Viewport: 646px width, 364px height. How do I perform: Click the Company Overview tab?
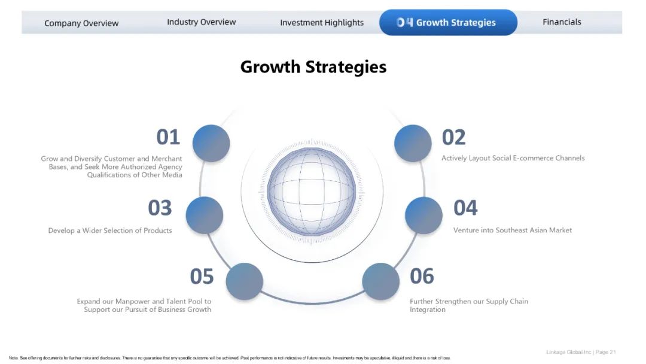(81, 23)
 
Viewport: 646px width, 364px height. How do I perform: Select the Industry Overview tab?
(201, 22)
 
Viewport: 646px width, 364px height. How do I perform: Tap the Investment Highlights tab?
(322, 23)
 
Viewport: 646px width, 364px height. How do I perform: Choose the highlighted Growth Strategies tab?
(448, 22)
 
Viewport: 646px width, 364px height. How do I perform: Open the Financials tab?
(562, 22)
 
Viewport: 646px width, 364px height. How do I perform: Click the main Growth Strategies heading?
(313, 67)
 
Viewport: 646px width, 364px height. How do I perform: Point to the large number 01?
(168, 137)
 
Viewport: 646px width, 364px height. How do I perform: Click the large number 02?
(453, 137)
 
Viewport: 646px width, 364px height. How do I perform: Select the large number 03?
(160, 208)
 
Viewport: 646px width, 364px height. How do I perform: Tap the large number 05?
(202, 276)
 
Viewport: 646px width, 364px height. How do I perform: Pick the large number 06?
(422, 276)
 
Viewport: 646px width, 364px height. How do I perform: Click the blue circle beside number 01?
(211, 144)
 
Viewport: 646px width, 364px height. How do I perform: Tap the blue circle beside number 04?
(423, 215)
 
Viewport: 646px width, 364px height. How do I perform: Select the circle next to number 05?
(244, 281)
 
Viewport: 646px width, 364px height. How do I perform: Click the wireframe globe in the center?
(312, 192)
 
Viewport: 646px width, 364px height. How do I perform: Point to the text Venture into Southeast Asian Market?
(513, 230)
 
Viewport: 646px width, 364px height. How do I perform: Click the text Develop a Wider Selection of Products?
(110, 230)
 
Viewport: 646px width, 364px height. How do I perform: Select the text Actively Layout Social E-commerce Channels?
(513, 158)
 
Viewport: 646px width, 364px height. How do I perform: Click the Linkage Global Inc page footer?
(581, 352)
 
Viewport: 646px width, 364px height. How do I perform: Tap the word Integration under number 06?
(428, 310)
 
